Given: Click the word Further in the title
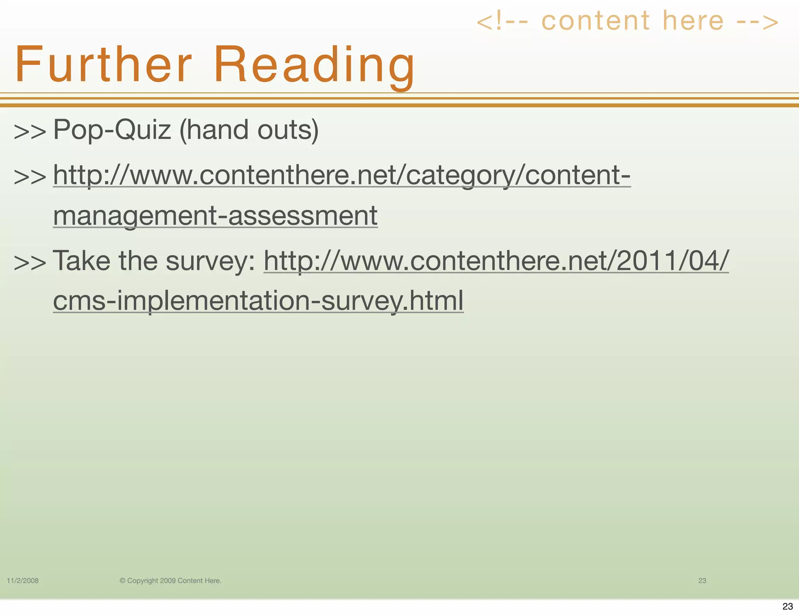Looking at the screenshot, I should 103,64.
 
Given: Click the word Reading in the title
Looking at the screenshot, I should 314,64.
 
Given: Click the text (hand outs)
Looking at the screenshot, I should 249,130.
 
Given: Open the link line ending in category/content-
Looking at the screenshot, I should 342,175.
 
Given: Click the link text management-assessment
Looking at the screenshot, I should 215,216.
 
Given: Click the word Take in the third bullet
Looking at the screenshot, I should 81,261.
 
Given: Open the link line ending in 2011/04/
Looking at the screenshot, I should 496,261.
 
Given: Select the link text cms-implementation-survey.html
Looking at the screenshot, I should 258,301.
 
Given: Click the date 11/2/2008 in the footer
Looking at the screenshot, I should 23,581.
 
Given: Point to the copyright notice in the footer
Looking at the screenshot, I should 170,581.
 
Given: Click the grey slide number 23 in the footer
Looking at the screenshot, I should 702,581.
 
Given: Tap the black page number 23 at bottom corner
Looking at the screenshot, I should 788,606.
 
